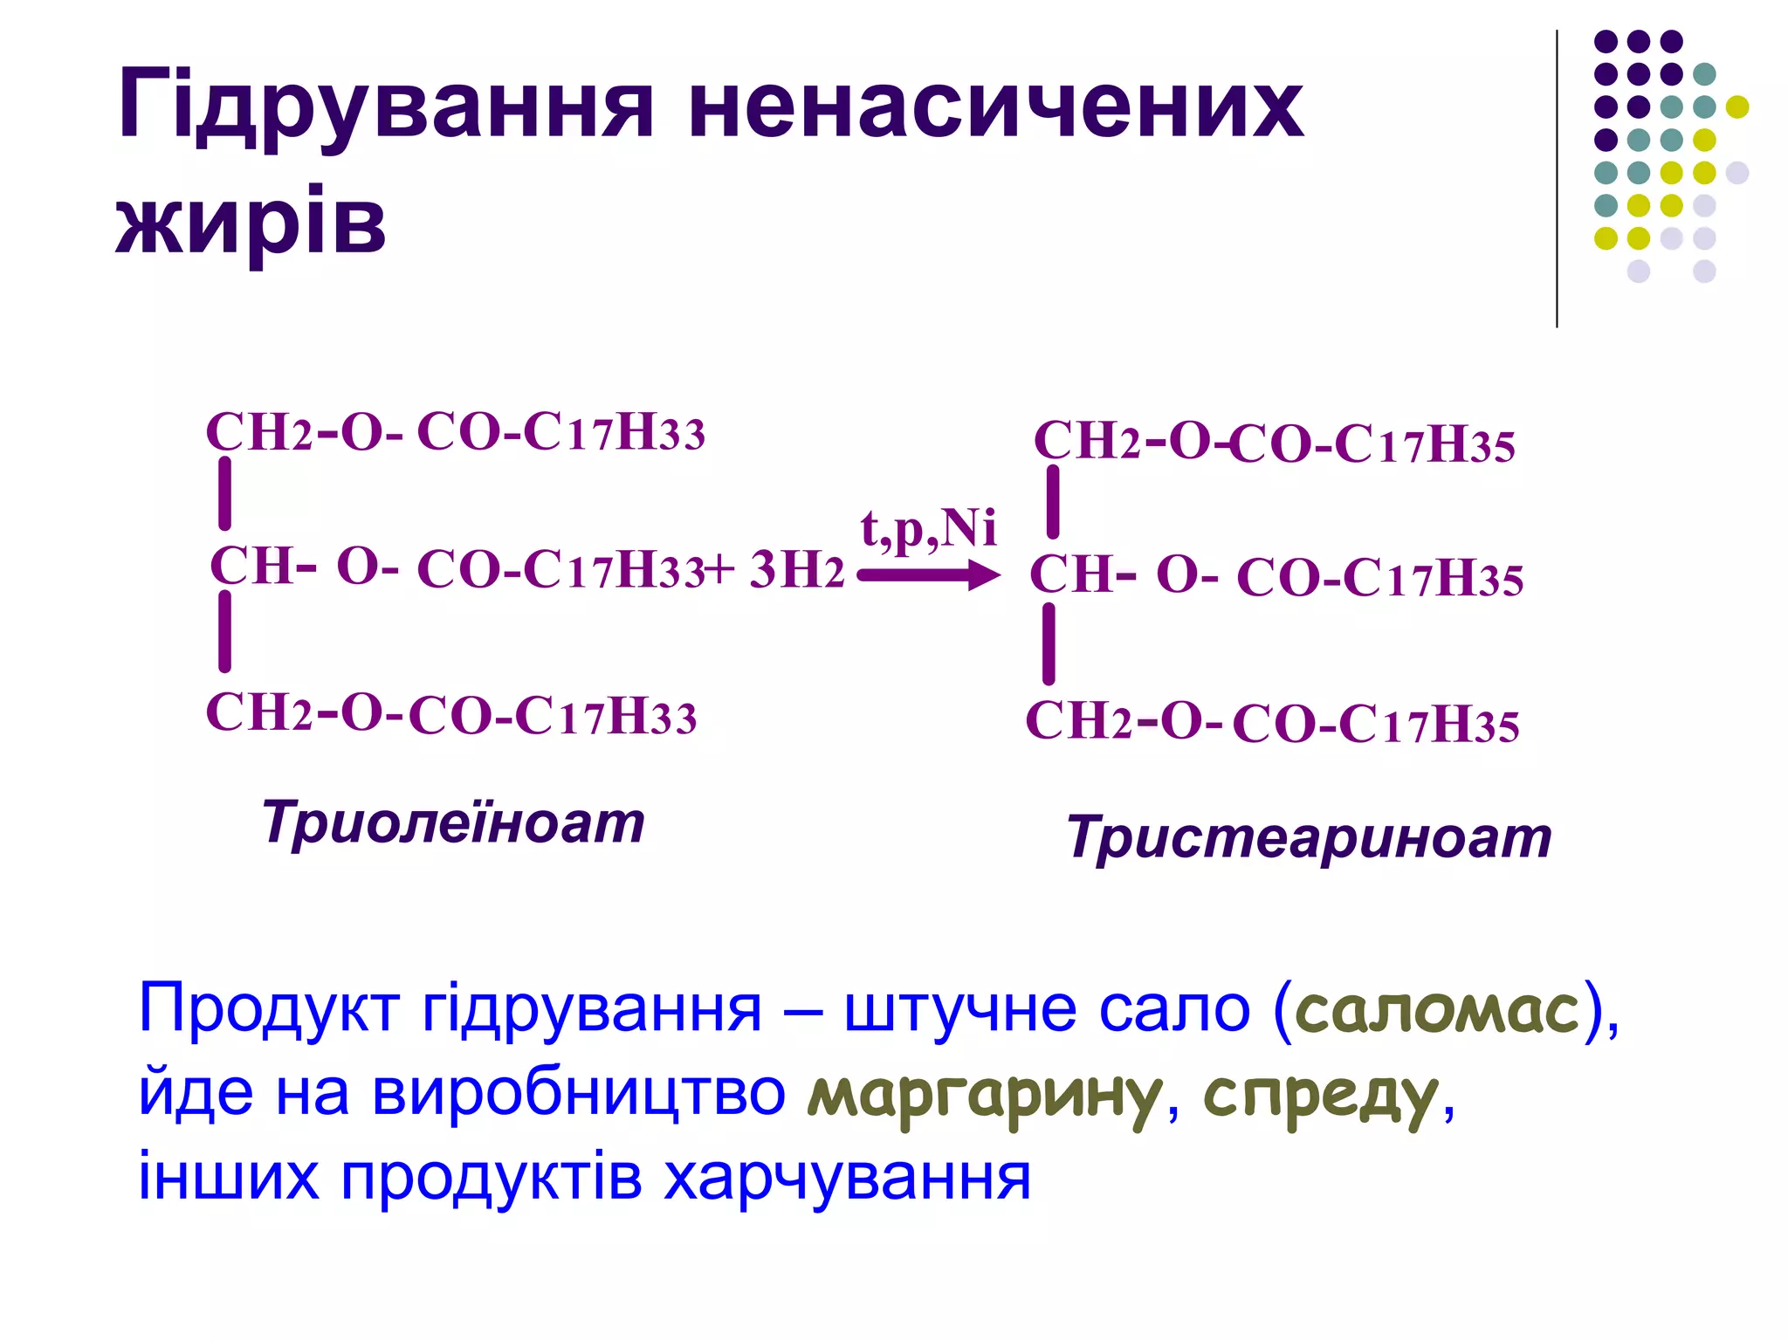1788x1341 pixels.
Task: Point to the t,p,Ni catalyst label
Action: click(x=928, y=528)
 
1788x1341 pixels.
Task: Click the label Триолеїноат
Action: click(x=453, y=822)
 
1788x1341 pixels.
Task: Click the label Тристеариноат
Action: click(x=1309, y=837)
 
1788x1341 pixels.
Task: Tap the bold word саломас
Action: click(x=1438, y=1010)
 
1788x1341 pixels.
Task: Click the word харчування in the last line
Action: click(x=847, y=1178)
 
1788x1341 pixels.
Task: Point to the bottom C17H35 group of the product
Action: click(x=1428, y=725)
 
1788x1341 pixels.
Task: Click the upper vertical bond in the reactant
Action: click(x=225, y=494)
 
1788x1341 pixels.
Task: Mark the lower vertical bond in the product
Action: click(x=1049, y=644)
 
